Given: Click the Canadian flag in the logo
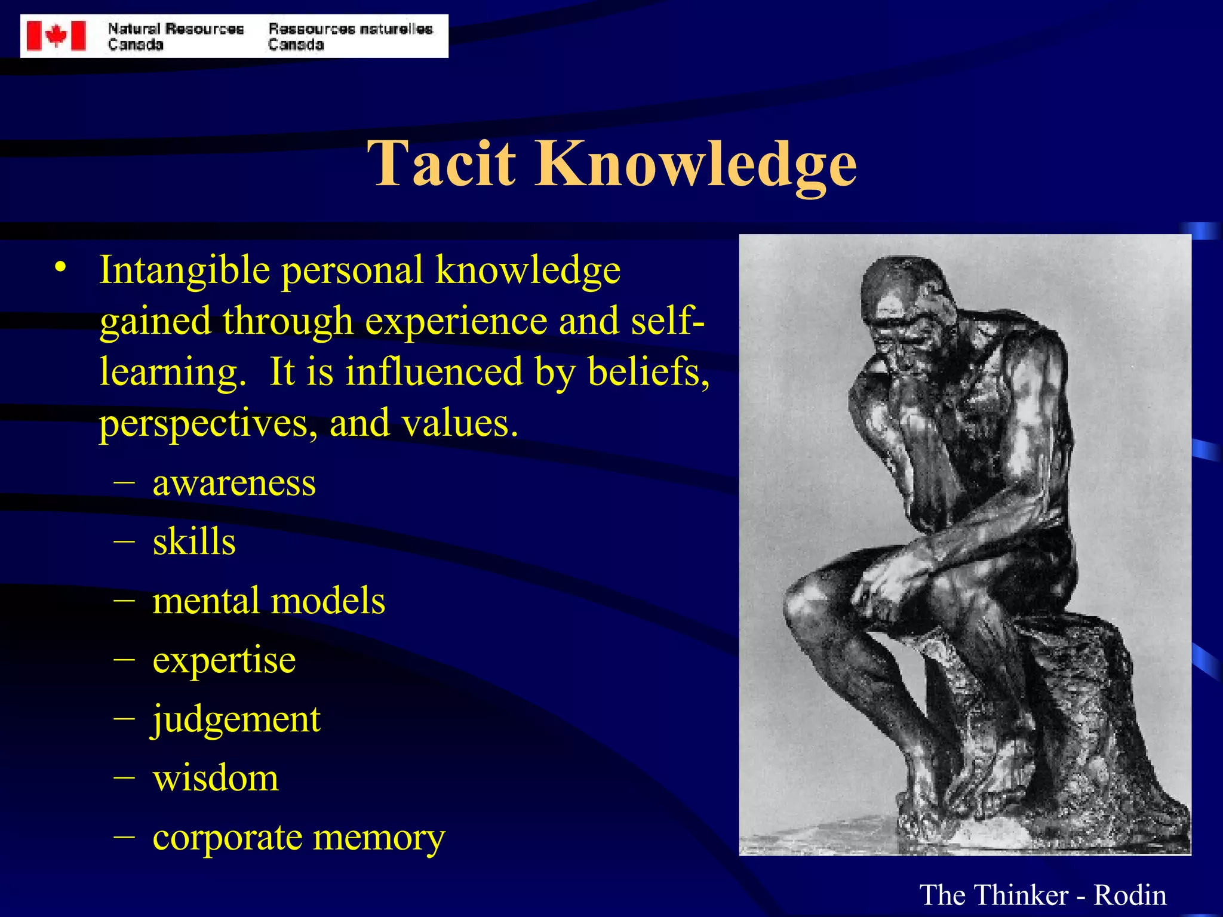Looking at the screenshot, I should click(x=56, y=36).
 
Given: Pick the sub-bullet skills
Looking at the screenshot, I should click(x=194, y=541).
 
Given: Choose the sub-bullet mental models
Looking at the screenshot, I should click(x=269, y=601).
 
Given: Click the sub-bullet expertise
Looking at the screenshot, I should click(x=224, y=660).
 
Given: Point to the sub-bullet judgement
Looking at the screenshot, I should click(x=236, y=719).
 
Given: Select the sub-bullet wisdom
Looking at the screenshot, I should click(x=216, y=778).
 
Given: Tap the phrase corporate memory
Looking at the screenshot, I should click(x=299, y=838).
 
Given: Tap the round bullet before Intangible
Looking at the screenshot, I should click(x=59, y=267).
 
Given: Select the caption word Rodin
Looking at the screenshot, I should click(x=1129, y=895).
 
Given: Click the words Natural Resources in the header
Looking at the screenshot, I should click(x=176, y=29).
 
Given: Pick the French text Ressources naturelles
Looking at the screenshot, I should click(x=351, y=29).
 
